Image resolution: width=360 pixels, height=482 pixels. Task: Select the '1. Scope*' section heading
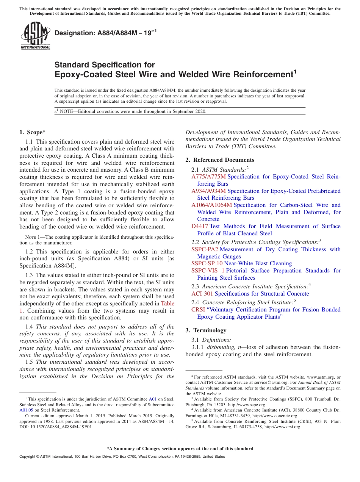pyautogui.click(x=32, y=132)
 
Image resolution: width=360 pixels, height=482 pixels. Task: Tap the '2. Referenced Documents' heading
pyautogui.click(x=220, y=160)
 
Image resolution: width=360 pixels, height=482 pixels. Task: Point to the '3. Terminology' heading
pyautogui.click(x=206, y=330)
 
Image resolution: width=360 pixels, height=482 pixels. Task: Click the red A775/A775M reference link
pyautogui.click(x=208, y=177)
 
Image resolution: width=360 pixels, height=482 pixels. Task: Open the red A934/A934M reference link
pyautogui.click(x=208, y=191)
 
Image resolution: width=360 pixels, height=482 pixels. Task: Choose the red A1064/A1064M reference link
pyautogui.click(x=211, y=205)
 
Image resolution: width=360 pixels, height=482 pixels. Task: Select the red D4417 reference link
pyautogui.click(x=200, y=226)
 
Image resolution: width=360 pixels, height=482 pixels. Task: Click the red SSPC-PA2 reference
pyautogui.click(x=205, y=249)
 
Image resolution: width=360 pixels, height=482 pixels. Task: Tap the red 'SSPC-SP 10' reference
pyautogui.click(x=207, y=263)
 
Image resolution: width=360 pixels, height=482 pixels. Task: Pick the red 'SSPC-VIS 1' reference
pyautogui.click(x=208, y=271)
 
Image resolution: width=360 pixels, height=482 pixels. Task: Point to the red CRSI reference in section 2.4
pyautogui.click(x=198, y=310)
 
